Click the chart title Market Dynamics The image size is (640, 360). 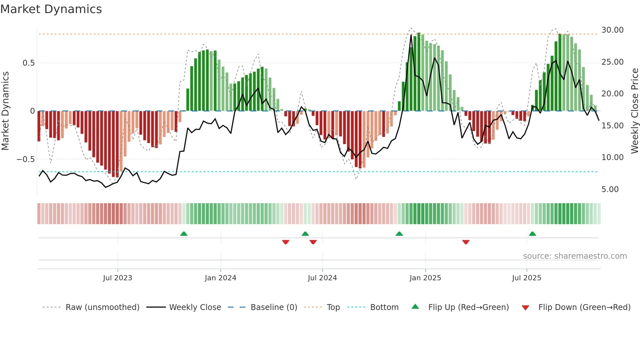(x=51, y=9)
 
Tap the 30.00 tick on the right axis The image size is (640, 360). (x=612, y=30)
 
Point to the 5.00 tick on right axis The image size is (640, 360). (x=610, y=189)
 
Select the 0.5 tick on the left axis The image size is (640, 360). (x=28, y=63)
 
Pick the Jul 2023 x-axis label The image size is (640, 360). (x=118, y=278)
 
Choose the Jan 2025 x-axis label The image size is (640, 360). (x=425, y=278)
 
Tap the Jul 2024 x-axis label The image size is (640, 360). (x=322, y=278)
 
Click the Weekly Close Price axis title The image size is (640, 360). (x=634, y=111)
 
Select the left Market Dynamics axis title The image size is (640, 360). (x=6, y=111)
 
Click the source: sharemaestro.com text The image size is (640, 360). (x=575, y=256)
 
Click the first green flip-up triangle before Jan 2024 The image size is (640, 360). (x=184, y=234)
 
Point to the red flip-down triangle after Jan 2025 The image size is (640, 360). (x=466, y=242)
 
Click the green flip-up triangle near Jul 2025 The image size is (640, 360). (x=532, y=234)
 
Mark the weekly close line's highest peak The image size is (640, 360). (x=411, y=35)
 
